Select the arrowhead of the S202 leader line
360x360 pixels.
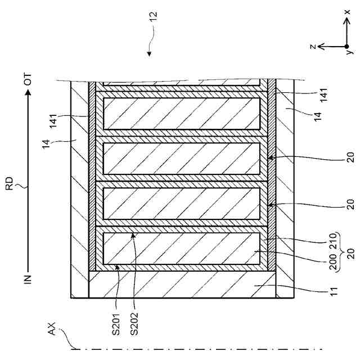pos(134,236)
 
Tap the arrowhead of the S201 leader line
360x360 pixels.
pos(118,267)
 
